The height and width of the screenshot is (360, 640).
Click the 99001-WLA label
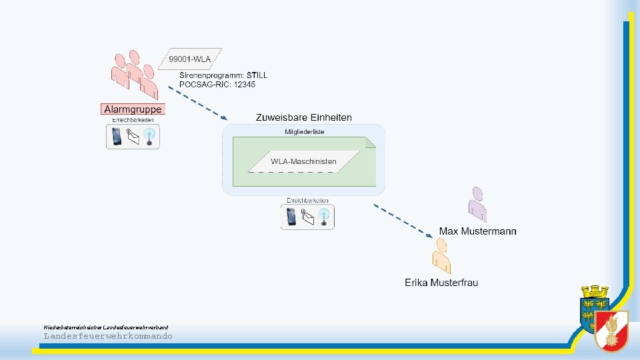tap(190, 59)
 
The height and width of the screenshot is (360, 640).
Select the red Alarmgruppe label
tap(133, 109)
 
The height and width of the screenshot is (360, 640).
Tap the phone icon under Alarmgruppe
tap(117, 137)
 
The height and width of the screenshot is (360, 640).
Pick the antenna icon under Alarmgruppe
tap(149, 137)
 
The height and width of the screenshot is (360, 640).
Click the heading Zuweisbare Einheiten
tap(303, 117)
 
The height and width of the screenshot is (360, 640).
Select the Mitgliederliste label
tap(304, 132)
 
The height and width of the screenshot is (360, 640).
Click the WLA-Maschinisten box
tap(303, 161)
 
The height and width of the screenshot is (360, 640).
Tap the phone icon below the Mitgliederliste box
tap(291, 217)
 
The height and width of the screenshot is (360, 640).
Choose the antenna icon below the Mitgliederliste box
tap(324, 217)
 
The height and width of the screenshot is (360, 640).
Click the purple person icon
tap(477, 203)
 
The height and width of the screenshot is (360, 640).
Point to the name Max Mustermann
tap(477, 231)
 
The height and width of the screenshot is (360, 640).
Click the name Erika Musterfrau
tap(441, 283)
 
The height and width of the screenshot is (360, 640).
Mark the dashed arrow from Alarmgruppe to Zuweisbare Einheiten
tap(195, 103)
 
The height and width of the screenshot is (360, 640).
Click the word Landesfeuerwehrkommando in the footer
tap(108, 336)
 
